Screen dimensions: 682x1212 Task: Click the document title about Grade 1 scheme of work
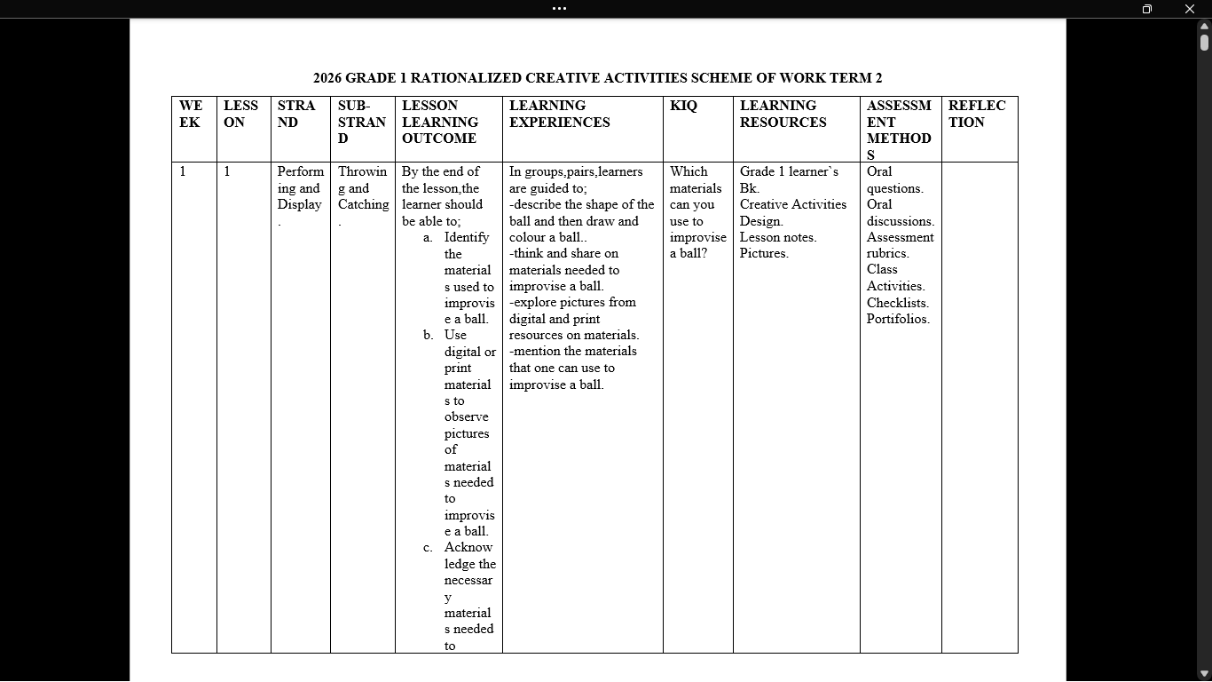(x=597, y=78)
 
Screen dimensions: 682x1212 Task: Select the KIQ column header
(x=683, y=106)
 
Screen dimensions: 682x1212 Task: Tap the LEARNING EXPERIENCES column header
(x=559, y=114)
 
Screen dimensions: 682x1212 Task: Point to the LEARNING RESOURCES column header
(x=783, y=114)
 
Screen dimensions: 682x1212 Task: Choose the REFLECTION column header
(x=977, y=114)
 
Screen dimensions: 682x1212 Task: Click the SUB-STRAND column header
(x=361, y=122)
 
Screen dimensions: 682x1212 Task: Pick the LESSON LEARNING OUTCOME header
(x=440, y=122)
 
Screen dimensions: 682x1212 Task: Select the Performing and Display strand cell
(x=300, y=188)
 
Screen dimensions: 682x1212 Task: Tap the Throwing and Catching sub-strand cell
(x=363, y=188)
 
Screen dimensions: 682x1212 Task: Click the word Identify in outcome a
(x=467, y=237)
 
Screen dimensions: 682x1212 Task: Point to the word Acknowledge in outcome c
(x=468, y=555)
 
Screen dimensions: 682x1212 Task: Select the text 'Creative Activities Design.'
(x=792, y=212)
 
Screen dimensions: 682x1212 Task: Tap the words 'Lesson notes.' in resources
(x=778, y=237)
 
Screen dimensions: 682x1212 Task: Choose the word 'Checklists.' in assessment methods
(x=898, y=303)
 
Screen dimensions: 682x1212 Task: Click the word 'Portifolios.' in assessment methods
(x=898, y=319)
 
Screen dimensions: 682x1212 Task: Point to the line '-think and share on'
(x=563, y=254)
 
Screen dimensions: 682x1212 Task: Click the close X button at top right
(x=1190, y=9)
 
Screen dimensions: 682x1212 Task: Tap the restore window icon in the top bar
(x=1146, y=9)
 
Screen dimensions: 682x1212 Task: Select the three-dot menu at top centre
(x=559, y=9)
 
